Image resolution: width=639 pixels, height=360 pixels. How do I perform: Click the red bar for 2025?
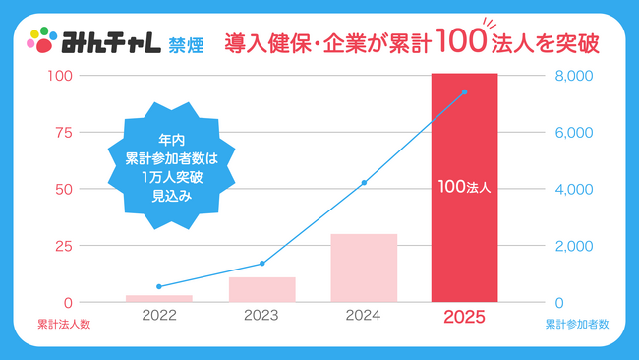click(464, 236)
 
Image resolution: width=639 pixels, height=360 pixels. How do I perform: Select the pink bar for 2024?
click(364, 268)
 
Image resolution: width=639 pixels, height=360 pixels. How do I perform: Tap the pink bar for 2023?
click(262, 289)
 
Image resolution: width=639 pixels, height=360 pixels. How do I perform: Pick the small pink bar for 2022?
click(159, 298)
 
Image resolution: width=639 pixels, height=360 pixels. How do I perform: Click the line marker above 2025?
click(464, 91)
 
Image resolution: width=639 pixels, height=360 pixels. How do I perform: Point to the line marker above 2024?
click(364, 183)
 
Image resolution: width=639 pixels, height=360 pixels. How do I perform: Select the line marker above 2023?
click(262, 264)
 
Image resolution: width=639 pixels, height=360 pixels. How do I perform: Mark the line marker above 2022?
click(159, 286)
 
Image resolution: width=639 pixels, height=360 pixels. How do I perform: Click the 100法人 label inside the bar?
click(464, 184)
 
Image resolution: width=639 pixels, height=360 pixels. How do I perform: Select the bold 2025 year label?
click(464, 317)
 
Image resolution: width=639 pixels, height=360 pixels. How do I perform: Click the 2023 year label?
click(262, 317)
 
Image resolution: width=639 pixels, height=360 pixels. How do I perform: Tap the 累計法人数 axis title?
click(64, 324)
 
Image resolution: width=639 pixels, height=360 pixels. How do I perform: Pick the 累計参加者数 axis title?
click(577, 324)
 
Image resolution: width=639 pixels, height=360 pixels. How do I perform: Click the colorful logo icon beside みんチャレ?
click(41, 41)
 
